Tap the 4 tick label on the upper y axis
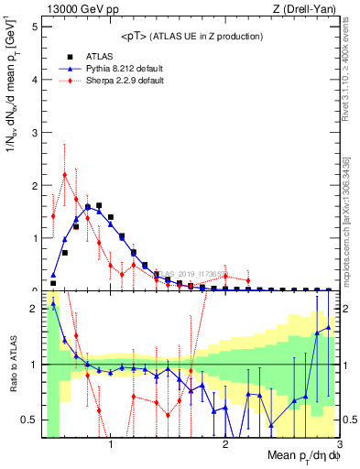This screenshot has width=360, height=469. (34, 80)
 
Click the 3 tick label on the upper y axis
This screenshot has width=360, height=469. (34, 133)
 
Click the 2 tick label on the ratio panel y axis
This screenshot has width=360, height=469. (34, 309)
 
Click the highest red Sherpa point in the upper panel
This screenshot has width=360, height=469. (64, 174)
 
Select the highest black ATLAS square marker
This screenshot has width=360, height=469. (99, 206)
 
